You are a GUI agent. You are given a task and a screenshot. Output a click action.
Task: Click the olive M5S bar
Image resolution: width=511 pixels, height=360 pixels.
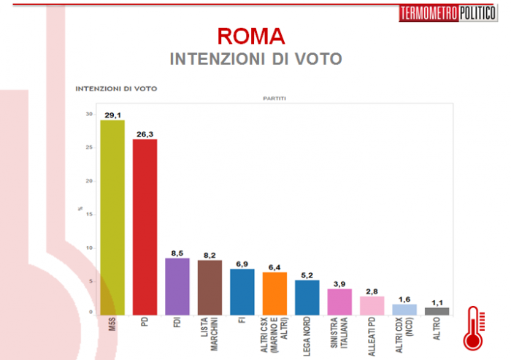(x=112, y=217)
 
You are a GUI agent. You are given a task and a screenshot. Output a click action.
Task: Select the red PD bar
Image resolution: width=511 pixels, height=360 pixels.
(x=145, y=226)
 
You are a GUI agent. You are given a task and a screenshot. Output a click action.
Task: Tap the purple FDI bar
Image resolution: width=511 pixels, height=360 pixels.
(x=177, y=286)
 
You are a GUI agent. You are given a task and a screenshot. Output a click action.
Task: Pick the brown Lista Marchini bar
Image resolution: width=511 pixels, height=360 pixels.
(x=210, y=287)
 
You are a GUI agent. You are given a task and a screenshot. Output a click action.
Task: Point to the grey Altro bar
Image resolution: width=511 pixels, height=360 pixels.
(x=437, y=311)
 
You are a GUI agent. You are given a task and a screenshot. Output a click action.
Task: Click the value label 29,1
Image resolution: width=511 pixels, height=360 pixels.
(x=112, y=115)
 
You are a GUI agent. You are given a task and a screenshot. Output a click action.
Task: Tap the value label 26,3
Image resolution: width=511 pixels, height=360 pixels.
(x=145, y=134)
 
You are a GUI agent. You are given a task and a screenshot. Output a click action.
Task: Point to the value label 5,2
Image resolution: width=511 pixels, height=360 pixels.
(x=307, y=275)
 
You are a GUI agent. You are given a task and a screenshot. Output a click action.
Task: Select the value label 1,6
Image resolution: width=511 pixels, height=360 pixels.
(x=404, y=299)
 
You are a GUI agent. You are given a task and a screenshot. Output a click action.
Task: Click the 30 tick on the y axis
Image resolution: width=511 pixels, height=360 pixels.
(x=90, y=114)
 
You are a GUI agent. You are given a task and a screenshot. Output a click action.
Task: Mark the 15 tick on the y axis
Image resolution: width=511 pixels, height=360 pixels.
(x=90, y=215)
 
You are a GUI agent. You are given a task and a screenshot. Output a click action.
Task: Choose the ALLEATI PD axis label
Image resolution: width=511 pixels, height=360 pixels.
(x=372, y=337)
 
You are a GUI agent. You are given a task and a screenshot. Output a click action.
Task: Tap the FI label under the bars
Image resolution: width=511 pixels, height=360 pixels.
(x=242, y=323)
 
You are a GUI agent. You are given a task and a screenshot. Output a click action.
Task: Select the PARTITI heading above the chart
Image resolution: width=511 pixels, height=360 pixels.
(x=274, y=98)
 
